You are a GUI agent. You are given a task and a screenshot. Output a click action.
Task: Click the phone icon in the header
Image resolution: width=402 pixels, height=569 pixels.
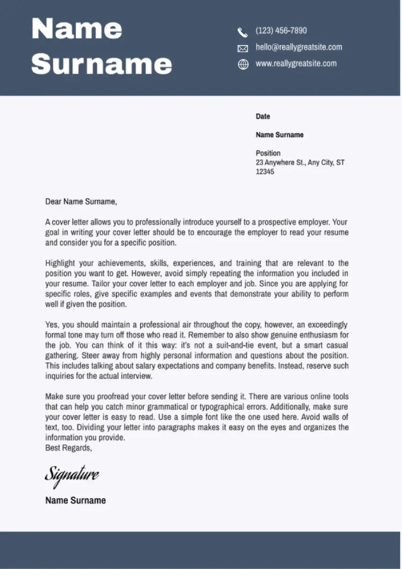tap(242, 32)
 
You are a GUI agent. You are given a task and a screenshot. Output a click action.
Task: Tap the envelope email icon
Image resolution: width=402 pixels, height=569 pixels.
tap(243, 48)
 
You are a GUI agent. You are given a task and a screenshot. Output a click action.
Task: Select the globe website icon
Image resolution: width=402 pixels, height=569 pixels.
tap(243, 65)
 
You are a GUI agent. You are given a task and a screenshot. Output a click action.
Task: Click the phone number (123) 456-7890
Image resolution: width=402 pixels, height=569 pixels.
tap(281, 31)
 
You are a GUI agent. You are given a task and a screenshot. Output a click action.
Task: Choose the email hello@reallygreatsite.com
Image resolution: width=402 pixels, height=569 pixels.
tap(299, 47)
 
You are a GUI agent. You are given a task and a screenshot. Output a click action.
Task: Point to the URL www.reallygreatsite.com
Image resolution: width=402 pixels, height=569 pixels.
tap(295, 64)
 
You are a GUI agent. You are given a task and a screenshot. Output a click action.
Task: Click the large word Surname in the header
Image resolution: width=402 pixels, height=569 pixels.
tap(101, 63)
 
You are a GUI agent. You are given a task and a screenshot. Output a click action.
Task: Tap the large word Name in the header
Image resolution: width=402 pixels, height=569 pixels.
tap(77, 29)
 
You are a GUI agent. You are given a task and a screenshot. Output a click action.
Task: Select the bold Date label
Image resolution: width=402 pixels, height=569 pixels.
tap(263, 116)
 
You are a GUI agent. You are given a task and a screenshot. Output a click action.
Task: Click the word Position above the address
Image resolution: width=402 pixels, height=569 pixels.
tap(268, 153)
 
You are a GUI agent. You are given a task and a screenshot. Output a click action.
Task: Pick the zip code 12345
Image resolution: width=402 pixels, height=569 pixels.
tap(265, 172)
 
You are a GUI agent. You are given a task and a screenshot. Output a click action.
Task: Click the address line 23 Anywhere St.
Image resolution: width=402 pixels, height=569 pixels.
tap(300, 163)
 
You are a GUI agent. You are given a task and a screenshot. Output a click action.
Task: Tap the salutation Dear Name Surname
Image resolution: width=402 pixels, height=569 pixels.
tap(81, 202)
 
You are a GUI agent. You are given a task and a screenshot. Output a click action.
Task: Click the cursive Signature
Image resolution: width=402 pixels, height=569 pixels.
tap(72, 475)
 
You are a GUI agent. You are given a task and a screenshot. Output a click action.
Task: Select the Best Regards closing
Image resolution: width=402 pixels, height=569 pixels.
tap(69, 448)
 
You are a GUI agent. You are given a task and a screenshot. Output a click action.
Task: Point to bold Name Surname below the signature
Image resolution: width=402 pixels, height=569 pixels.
tap(75, 500)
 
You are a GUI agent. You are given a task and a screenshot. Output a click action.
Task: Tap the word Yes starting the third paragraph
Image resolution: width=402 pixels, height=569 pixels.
tap(51, 325)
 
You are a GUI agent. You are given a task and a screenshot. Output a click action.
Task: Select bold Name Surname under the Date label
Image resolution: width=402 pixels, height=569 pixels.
tap(279, 135)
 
